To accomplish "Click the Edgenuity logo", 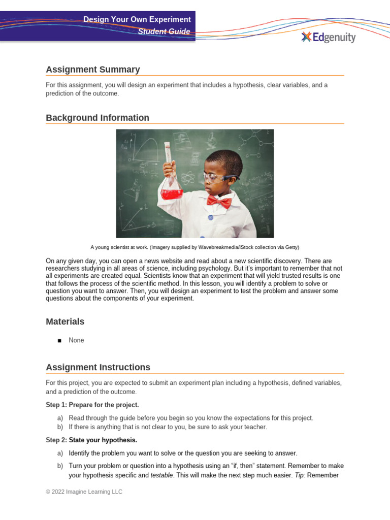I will (x=328, y=37).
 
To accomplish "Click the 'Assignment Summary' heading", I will (x=92, y=70).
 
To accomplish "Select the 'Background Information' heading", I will (x=97, y=118).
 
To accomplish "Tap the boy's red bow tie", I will (x=219, y=201).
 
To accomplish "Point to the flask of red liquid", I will (x=171, y=183).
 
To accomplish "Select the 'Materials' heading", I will (x=65, y=321).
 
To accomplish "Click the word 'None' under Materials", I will (x=77, y=340).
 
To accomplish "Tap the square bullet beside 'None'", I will (x=59, y=341).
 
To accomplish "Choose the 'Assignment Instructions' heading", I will (x=98, y=367).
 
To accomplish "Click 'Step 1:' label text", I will (x=56, y=405).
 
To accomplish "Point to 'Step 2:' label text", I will (x=56, y=440).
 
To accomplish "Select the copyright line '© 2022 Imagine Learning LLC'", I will (x=84, y=492).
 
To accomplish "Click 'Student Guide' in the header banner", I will (x=165, y=31).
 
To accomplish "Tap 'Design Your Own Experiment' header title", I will (x=137, y=19).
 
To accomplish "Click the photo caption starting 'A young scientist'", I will (x=195, y=247).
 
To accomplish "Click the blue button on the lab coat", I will (x=209, y=217).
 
